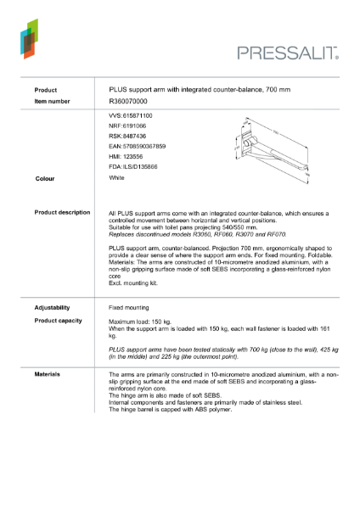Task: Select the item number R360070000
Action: [127, 101]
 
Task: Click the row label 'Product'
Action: [46, 89]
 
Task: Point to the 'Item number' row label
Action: [53, 101]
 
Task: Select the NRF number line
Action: [127, 125]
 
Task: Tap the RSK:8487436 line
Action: [127, 136]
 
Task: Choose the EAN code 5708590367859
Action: [137, 146]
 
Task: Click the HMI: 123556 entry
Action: [127, 157]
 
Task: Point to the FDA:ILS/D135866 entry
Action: [133, 168]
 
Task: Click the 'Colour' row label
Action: [45, 179]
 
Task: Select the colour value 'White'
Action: [117, 178]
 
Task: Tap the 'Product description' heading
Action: [62, 212]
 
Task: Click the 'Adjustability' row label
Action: [52, 307]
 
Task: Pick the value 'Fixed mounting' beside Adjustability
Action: [129, 307]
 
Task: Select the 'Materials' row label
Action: [48, 372]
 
